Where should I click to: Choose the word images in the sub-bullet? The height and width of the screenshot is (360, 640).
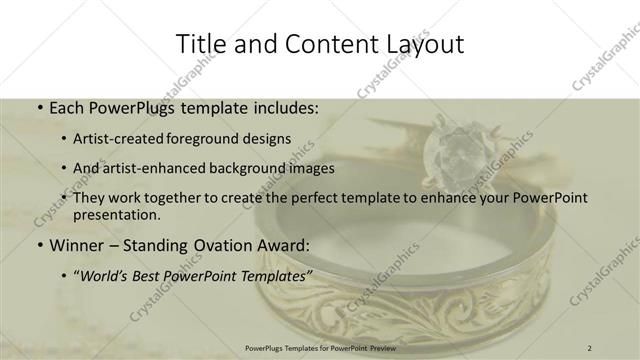tap(308, 168)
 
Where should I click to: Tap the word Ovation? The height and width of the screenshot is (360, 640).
tap(218, 245)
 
